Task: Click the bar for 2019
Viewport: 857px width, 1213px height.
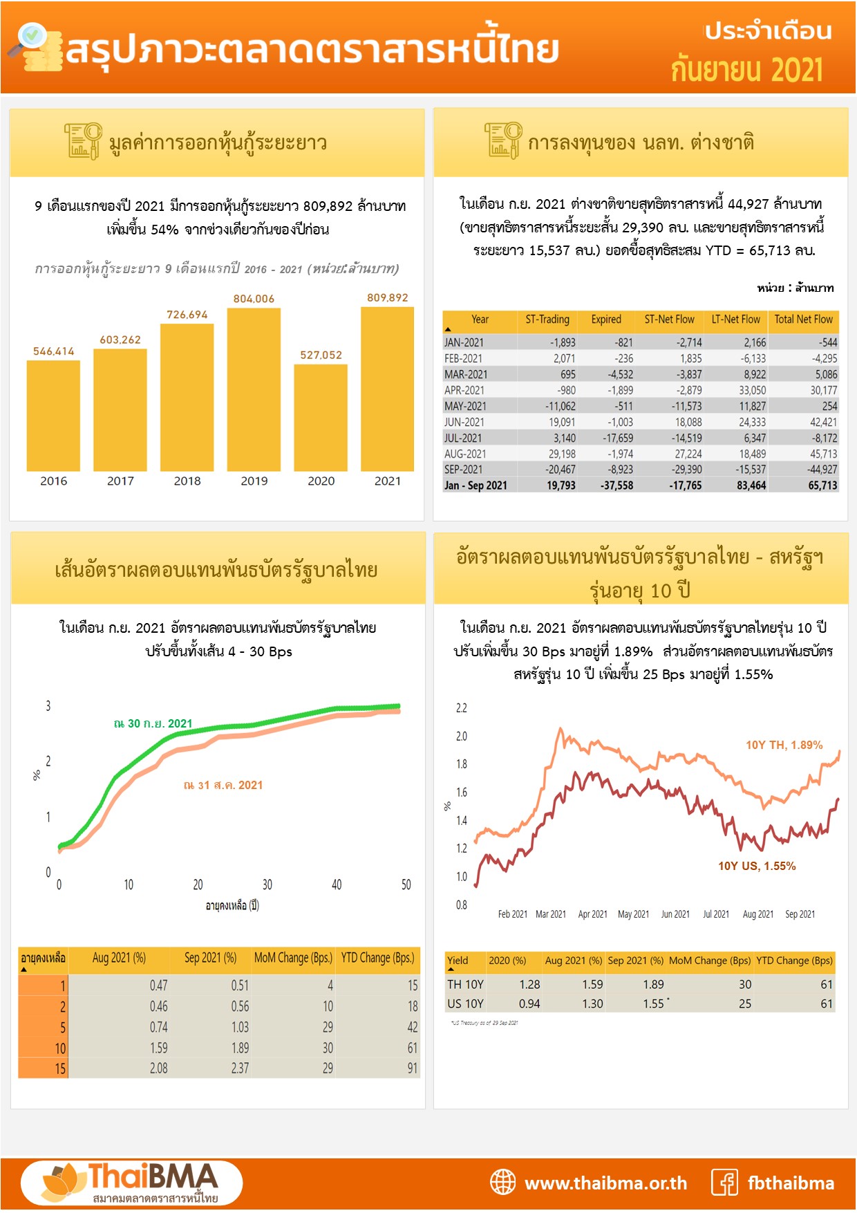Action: click(254, 389)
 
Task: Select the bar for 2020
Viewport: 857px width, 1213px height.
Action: click(321, 417)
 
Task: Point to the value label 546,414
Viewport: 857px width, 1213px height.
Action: click(53, 351)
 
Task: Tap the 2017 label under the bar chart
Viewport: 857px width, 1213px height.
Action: click(120, 481)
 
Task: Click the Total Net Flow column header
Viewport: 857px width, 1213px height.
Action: click(803, 320)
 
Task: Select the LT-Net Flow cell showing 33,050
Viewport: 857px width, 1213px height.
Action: click(752, 390)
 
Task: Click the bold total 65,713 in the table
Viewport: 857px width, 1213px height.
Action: click(822, 485)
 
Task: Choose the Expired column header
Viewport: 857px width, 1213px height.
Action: click(606, 320)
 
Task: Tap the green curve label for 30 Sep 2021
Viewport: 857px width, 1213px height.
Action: click(153, 723)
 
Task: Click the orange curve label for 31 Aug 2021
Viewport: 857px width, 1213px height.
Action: click(223, 785)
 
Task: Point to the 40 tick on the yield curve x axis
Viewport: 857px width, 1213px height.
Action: click(337, 885)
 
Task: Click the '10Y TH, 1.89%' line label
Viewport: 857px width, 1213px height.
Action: click(784, 745)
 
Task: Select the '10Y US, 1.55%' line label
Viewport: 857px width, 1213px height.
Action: click(757, 866)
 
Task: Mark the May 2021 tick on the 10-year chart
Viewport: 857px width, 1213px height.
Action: click(633, 914)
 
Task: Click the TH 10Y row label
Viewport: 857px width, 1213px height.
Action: click(465, 984)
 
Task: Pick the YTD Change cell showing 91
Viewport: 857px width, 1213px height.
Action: click(412, 1068)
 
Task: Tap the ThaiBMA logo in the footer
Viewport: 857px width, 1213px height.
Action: click(132, 1183)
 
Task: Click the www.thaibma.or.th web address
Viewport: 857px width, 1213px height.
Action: click(605, 1183)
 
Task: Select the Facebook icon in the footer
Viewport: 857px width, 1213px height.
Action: click(725, 1183)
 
